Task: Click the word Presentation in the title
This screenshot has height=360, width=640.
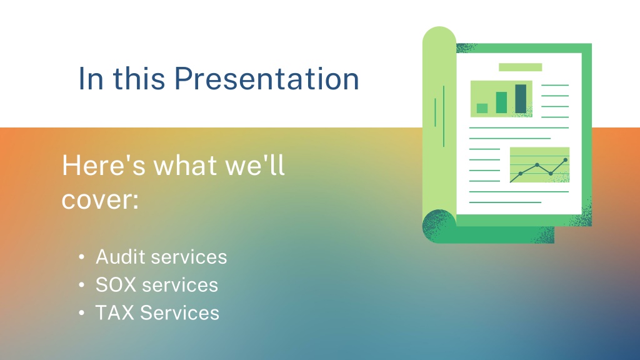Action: pyautogui.click(x=266, y=78)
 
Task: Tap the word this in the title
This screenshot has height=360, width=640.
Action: pyautogui.click(x=139, y=78)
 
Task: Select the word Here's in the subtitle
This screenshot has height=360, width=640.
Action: pyautogui.click(x=103, y=166)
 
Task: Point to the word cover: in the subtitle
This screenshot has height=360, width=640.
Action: pyautogui.click(x=100, y=199)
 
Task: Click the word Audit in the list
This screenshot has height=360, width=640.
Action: pyautogui.click(x=121, y=257)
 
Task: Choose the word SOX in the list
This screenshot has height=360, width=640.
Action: pyautogui.click(x=116, y=285)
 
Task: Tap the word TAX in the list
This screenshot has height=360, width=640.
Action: pyautogui.click(x=115, y=313)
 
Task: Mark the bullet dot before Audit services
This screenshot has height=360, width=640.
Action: pyautogui.click(x=82, y=257)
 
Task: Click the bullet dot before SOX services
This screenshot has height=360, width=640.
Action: pyautogui.click(x=82, y=285)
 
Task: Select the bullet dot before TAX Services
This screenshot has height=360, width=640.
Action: pyautogui.click(x=82, y=313)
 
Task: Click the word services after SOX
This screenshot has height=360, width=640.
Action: pyautogui.click(x=180, y=285)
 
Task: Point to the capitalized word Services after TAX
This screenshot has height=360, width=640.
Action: pyautogui.click(x=180, y=313)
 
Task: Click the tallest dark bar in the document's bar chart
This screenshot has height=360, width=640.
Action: pyautogui.click(x=521, y=99)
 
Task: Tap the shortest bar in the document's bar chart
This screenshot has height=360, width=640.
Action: pyautogui.click(x=482, y=108)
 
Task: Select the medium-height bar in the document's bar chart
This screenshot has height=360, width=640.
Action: pyautogui.click(x=501, y=102)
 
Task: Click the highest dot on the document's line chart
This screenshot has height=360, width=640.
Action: pyautogui.click(x=565, y=160)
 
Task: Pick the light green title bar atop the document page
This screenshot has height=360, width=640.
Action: pyautogui.click(x=521, y=67)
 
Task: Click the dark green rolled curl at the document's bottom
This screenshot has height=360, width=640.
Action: pyautogui.click(x=439, y=226)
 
